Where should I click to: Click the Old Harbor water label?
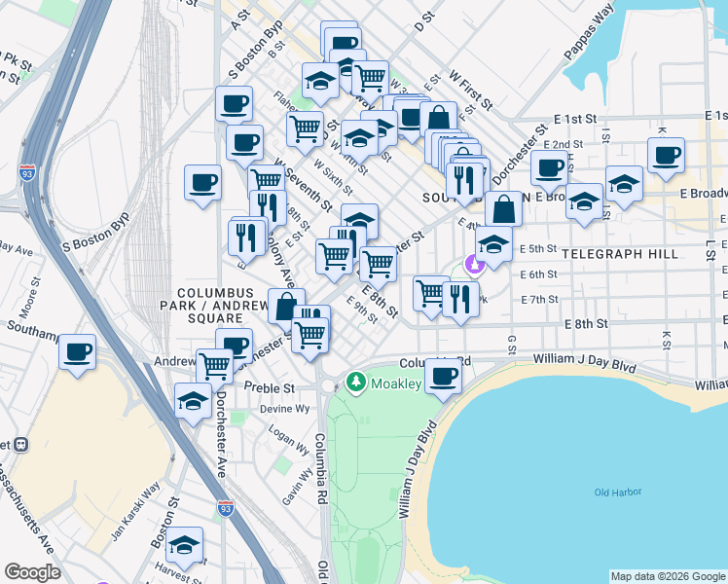coord(618,493)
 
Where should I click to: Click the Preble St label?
coord(273,386)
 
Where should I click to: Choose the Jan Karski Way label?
coord(134,511)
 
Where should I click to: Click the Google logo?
coord(32,572)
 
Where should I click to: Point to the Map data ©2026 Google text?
coord(667,576)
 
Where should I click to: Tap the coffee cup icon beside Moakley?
coord(444,376)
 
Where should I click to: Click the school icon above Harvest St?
coord(184,545)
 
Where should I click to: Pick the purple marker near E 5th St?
coord(474,263)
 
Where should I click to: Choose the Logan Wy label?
coord(289,439)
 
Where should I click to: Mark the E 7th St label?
coord(539,299)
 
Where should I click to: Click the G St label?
coord(510,345)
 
